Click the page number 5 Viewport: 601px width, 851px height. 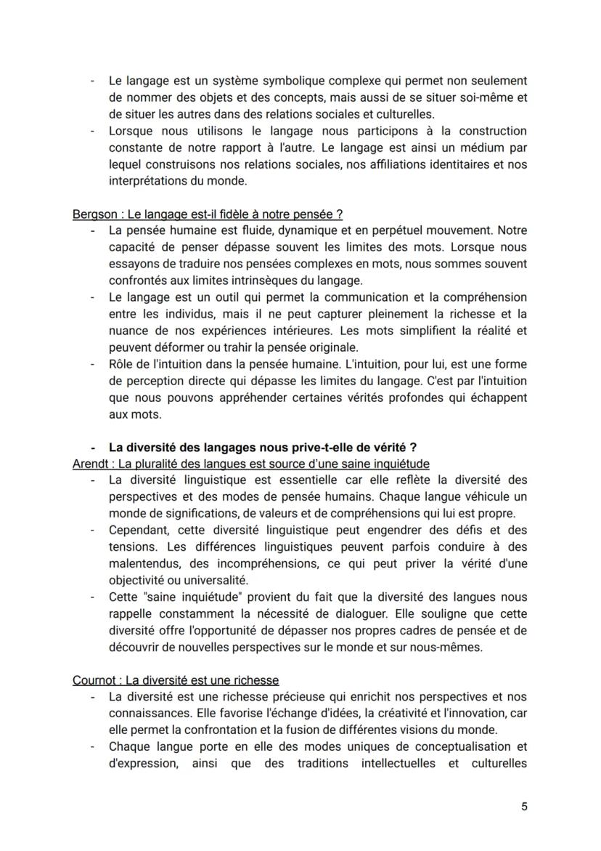click(523, 807)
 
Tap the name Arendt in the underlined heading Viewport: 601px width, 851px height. click(90, 464)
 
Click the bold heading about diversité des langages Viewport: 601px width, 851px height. click(262, 447)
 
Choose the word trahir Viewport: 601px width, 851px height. click(232, 347)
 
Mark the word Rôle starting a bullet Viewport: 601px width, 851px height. click(121, 364)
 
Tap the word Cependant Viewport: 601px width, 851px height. click(137, 530)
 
